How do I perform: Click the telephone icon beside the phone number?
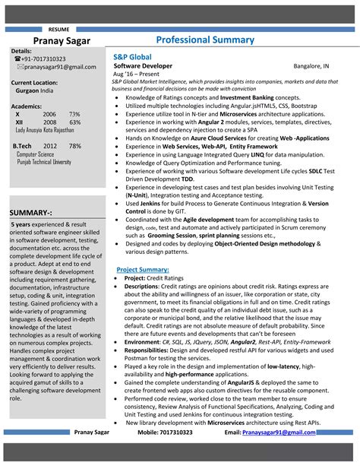pyautogui.click(x=17, y=59)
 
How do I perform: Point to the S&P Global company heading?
pyautogui.click(x=132, y=57)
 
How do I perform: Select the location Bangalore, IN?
pyautogui.click(x=311, y=66)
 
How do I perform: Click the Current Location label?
pyautogui.click(x=34, y=82)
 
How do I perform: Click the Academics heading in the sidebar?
pyautogui.click(x=27, y=106)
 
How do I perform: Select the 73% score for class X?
pyautogui.click(x=74, y=114)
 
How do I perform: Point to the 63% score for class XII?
pyautogui.click(x=74, y=122)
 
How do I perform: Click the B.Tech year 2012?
pyautogui.click(x=50, y=145)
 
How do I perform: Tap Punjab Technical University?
pyautogui.click(x=43, y=162)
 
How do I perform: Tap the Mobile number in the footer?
pyautogui.click(x=165, y=432)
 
